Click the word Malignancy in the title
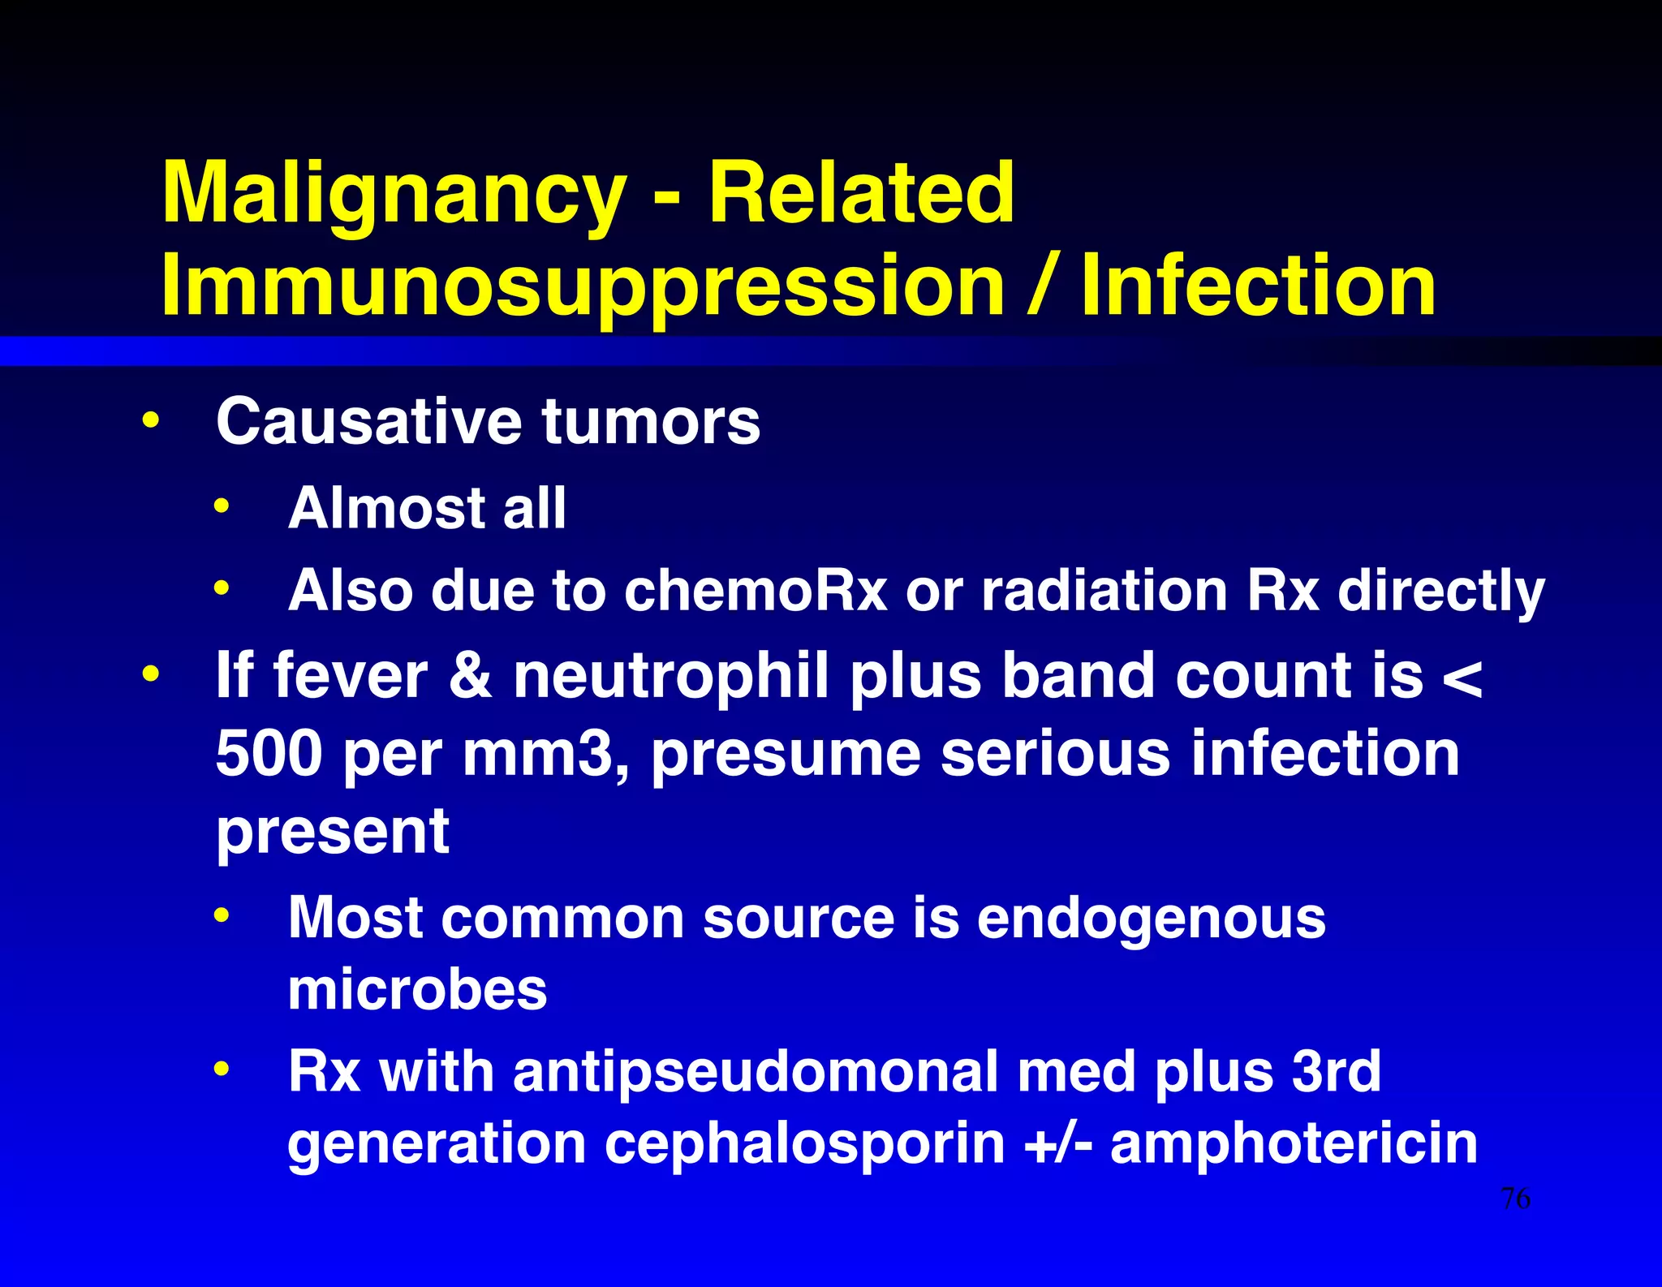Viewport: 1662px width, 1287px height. pos(394,195)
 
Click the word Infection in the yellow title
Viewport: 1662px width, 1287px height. pos(1258,285)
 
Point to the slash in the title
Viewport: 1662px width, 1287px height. pos(1041,285)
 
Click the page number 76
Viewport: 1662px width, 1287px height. pos(1515,1199)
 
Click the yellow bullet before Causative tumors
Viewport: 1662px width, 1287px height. pos(150,420)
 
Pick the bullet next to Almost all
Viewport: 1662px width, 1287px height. pos(222,507)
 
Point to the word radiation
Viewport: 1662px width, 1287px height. pos(1104,590)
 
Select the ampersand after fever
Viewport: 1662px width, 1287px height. pos(471,675)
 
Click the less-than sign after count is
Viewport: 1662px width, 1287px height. pos(1463,677)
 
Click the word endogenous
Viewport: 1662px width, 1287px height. pos(1151,918)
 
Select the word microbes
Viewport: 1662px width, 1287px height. pos(417,990)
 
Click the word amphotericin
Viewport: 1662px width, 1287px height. pos(1294,1143)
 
